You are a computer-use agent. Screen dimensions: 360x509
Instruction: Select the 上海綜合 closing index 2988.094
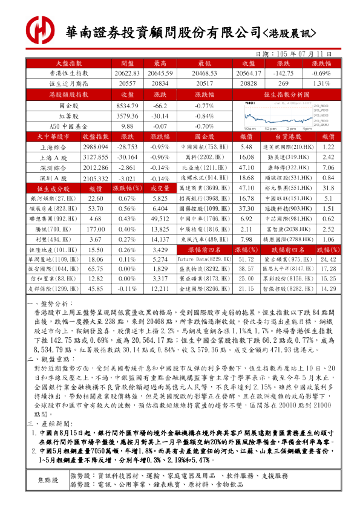(95, 147)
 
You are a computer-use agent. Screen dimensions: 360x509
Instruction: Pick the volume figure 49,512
(160, 219)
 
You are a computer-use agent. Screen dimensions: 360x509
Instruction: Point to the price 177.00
(96, 230)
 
